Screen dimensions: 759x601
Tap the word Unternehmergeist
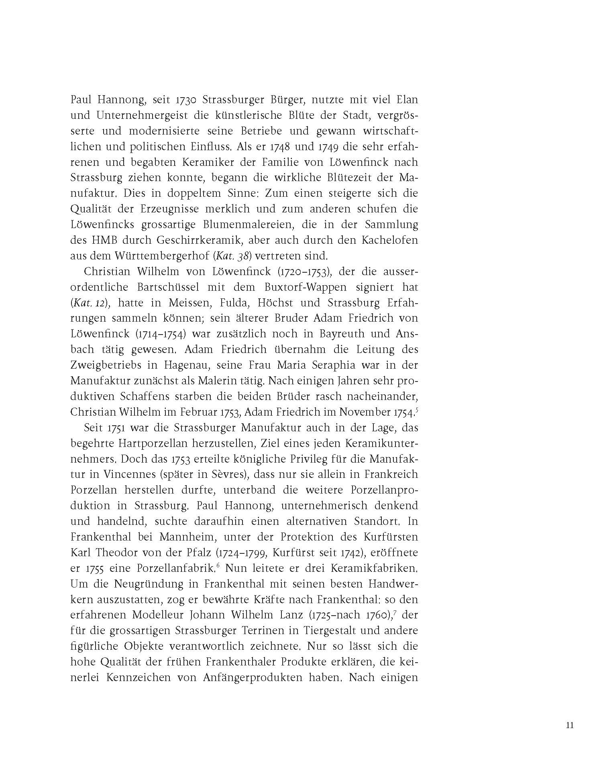click(138, 115)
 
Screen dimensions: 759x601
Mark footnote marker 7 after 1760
click(396, 613)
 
